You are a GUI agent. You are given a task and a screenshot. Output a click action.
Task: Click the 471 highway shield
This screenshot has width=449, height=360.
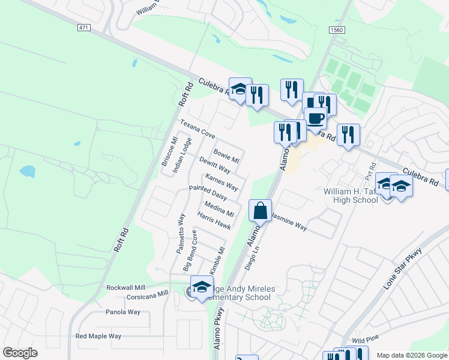pos(83,28)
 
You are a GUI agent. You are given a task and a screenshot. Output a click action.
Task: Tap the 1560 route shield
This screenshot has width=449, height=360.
pos(337,29)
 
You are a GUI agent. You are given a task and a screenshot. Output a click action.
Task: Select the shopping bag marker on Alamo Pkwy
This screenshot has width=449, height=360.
pos(260,211)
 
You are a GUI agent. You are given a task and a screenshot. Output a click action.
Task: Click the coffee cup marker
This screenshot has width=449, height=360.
pos(315,118)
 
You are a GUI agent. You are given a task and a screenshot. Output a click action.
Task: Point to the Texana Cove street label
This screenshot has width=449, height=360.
pos(197,128)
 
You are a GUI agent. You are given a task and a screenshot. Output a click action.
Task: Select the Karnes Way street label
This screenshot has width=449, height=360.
pos(221,182)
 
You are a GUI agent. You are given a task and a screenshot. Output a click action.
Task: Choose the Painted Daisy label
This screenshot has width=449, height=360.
pos(207,193)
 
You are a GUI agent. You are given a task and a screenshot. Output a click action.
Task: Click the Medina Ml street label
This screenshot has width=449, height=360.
pos(218,209)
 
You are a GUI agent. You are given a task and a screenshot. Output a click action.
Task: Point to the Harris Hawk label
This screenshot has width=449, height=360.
pos(214,221)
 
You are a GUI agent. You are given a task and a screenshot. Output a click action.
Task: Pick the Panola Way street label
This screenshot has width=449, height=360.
pos(123,312)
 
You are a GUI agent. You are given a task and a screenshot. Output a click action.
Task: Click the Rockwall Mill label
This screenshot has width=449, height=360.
pos(127,287)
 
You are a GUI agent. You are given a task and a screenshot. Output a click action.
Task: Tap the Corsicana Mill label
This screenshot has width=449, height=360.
pos(147,295)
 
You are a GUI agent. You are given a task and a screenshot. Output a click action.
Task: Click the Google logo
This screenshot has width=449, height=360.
pos(20,353)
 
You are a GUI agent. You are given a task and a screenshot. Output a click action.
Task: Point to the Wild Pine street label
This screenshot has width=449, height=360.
pos(363,340)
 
